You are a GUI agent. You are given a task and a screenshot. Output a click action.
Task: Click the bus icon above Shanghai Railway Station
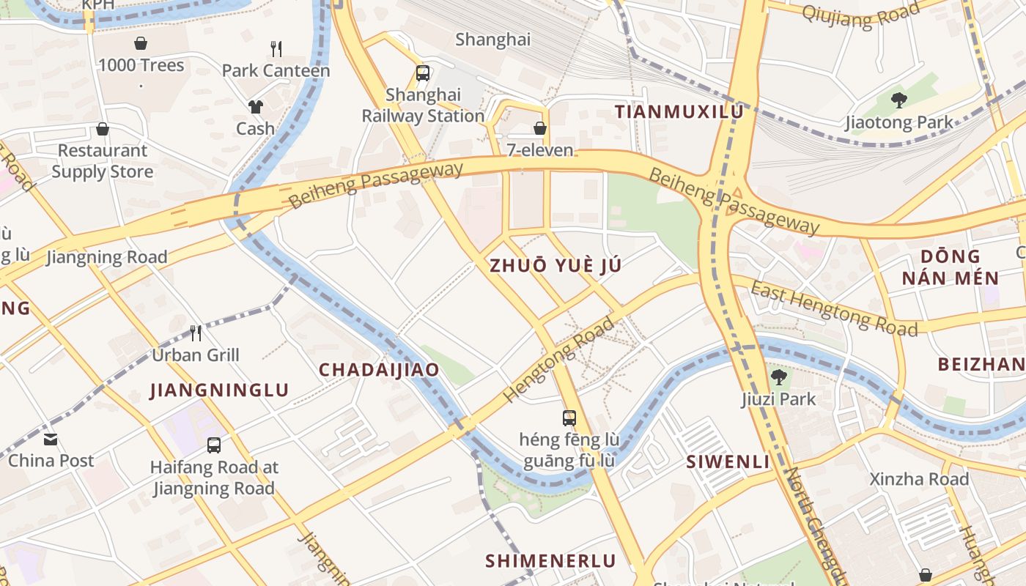pyautogui.click(x=423, y=73)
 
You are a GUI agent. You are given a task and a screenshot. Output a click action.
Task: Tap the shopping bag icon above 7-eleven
pyautogui.click(x=540, y=129)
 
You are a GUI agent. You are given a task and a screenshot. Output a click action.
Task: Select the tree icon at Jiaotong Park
pyautogui.click(x=899, y=101)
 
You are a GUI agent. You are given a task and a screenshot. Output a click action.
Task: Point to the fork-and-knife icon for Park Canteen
pyautogui.click(x=276, y=49)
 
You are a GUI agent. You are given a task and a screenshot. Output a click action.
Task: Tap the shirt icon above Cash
pyautogui.click(x=255, y=107)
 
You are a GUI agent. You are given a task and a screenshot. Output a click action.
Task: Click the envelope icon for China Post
pyautogui.click(x=51, y=439)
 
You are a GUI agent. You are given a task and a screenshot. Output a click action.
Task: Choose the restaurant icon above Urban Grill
pyautogui.click(x=196, y=333)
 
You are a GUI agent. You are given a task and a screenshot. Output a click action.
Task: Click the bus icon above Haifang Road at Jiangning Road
pyautogui.click(x=213, y=445)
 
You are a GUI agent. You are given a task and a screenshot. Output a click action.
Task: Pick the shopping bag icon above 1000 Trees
pyautogui.click(x=141, y=44)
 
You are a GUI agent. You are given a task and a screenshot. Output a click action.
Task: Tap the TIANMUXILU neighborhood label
pyautogui.click(x=679, y=112)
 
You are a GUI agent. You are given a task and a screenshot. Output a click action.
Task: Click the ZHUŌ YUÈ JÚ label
pyautogui.click(x=556, y=266)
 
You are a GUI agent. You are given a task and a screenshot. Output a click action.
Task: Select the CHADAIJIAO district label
pyautogui.click(x=379, y=370)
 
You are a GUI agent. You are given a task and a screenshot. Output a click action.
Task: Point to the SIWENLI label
pyautogui.click(x=728, y=462)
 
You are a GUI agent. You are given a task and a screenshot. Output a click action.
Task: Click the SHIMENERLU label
pyautogui.click(x=550, y=561)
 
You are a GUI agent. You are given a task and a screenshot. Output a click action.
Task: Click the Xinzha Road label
pyautogui.click(x=919, y=480)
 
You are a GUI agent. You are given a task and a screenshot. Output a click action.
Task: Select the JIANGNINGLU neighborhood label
pyautogui.click(x=220, y=390)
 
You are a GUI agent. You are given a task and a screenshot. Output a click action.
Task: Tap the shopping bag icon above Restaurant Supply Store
pyautogui.click(x=103, y=130)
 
